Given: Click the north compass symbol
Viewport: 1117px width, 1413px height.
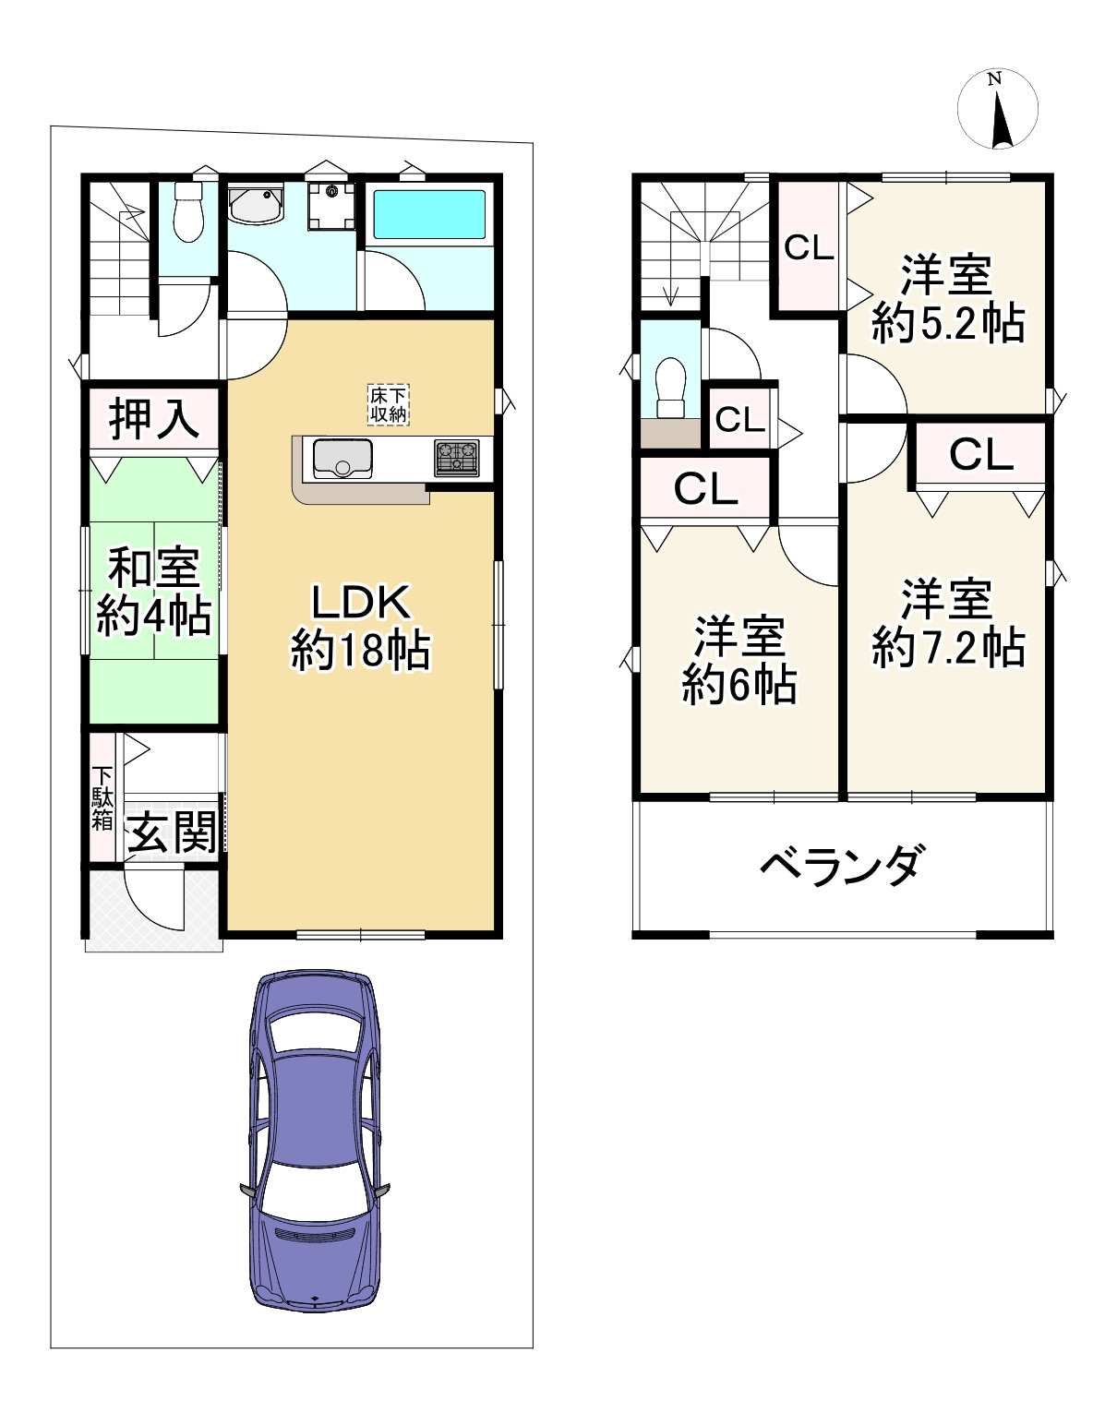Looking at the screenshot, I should pos(998,109).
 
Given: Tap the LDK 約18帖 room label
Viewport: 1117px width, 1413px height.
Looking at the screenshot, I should pos(360,627).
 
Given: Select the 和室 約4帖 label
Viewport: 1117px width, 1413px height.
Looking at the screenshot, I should pos(153,592).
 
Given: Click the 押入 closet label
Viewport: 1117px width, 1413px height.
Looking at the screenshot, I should pos(154,419).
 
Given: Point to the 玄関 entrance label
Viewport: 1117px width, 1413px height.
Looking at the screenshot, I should pos(172,832).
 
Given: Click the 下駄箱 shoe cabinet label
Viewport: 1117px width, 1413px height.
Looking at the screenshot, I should pos(102,798).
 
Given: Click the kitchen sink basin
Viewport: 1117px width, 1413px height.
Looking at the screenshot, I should pos(342,459).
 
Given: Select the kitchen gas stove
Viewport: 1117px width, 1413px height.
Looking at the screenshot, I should pos(457,459).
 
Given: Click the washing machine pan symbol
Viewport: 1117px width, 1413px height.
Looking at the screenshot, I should pos(330,206).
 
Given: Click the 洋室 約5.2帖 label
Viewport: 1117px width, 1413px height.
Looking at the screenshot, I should pos(947,300).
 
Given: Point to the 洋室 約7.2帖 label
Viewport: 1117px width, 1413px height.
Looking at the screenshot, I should pos(947,624).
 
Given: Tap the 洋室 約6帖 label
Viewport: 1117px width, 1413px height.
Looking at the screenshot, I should pos(739,661).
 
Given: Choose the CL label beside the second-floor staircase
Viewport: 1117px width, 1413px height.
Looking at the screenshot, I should pos(809,247).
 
